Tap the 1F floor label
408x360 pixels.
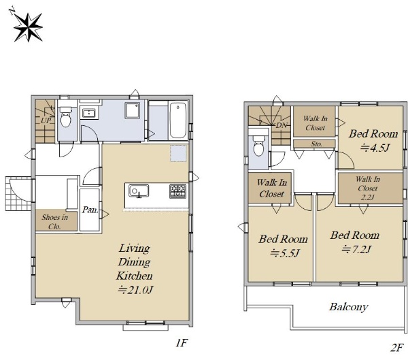[182, 343]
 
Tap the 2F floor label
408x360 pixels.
[396, 348]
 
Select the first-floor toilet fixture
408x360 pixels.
[65, 116]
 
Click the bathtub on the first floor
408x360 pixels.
[178, 120]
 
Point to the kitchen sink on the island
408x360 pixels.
[139, 191]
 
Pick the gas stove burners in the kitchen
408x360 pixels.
[178, 191]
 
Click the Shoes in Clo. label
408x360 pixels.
[54, 222]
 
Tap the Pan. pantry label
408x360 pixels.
[90, 210]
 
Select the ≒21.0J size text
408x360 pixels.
[135, 290]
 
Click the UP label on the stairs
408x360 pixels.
[46, 120]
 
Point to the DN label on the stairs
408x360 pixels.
[281, 125]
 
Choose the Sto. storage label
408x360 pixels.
[316, 144]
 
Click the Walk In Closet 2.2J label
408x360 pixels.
[368, 188]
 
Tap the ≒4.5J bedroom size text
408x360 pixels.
[375, 148]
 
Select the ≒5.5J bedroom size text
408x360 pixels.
[285, 253]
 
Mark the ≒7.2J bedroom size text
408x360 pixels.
[356, 250]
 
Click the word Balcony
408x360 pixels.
[349, 307]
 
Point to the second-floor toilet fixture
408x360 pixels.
[259, 146]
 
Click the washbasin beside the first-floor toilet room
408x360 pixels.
[89, 114]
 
